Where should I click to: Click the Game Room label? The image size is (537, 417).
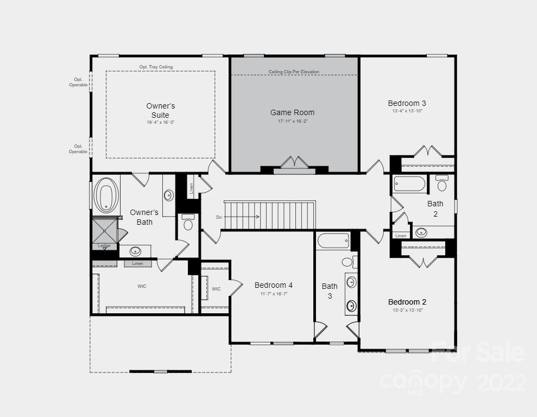(292, 112)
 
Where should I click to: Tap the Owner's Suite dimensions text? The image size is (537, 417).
(160, 123)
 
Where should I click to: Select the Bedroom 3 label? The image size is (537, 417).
(407, 103)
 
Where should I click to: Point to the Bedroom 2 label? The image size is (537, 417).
(407, 302)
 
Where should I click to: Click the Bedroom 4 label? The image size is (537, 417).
(274, 285)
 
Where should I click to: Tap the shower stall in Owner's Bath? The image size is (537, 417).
(104, 230)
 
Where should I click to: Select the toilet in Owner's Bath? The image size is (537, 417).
(188, 222)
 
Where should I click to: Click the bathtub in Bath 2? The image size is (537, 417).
(409, 184)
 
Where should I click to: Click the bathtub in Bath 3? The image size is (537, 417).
(333, 241)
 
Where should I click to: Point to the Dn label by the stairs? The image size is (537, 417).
(219, 217)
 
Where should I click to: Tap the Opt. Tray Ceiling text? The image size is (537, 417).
(156, 67)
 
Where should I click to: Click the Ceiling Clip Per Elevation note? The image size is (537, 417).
(294, 72)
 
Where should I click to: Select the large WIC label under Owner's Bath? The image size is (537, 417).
(142, 286)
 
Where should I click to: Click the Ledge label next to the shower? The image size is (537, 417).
(104, 246)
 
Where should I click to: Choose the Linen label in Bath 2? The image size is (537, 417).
(401, 236)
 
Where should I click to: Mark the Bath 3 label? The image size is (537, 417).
(330, 290)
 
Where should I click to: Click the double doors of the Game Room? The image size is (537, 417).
(294, 162)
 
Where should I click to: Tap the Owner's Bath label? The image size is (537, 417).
(144, 217)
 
